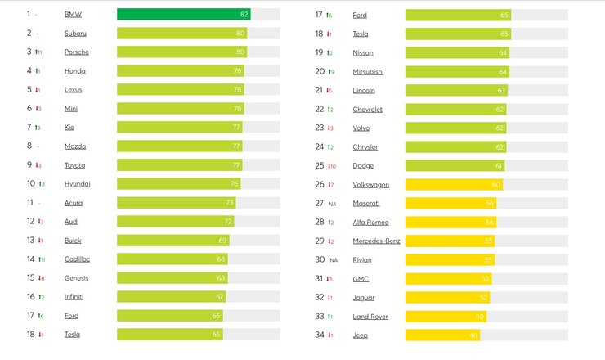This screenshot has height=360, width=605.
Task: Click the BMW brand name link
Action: (73, 14)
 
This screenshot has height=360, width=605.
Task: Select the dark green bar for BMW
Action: (183, 14)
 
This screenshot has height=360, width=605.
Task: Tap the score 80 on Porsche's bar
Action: (240, 52)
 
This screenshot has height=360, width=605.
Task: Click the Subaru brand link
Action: (75, 33)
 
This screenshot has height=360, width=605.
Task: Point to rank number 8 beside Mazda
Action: (29, 146)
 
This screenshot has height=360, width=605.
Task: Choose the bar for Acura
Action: (176, 202)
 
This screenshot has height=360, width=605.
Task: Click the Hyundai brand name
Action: (78, 184)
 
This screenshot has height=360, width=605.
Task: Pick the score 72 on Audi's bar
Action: (228, 221)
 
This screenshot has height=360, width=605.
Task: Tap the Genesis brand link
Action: (77, 277)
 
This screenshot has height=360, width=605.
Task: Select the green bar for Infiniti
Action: (171, 296)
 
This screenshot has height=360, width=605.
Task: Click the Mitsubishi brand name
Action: (368, 71)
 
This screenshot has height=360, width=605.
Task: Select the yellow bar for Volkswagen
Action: (453, 184)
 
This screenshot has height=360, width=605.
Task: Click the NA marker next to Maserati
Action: (333, 203)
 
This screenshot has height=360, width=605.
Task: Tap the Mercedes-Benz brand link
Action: (377, 241)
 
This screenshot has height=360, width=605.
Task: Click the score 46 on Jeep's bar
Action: (473, 335)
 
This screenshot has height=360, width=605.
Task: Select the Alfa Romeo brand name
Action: (370, 222)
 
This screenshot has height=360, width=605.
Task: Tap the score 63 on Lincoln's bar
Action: (501, 90)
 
